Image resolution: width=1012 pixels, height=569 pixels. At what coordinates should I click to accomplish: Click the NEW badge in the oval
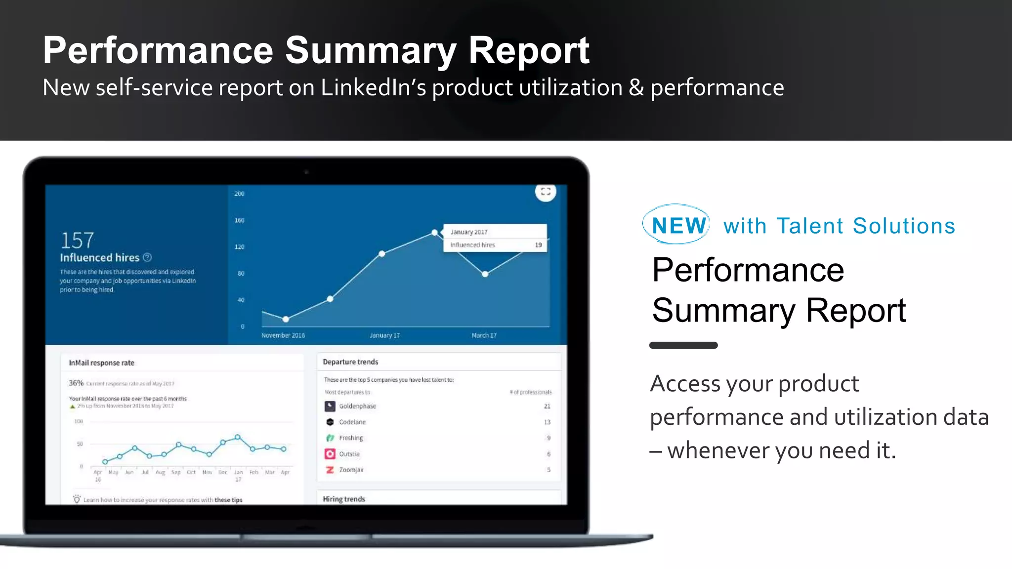coord(678,225)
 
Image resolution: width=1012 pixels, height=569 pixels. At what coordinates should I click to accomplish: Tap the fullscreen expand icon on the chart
coord(546,192)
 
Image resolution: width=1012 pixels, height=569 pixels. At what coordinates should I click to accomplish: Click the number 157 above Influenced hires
coord(77,241)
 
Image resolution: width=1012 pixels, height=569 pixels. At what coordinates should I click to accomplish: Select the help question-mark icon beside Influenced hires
coord(147,257)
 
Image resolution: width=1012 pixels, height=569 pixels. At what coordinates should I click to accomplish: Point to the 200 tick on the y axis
coord(239,194)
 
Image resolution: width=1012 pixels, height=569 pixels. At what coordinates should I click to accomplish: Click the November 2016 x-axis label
coord(283,335)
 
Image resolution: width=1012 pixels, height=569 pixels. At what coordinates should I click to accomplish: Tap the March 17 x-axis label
coord(484,335)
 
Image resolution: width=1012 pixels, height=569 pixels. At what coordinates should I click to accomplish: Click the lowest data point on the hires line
coord(286,319)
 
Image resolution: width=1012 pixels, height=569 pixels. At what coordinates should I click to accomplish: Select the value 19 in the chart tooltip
coord(538,245)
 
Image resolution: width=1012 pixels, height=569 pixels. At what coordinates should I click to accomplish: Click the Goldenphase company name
coord(357,406)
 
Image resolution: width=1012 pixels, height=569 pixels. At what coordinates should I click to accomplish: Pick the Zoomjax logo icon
coord(330,470)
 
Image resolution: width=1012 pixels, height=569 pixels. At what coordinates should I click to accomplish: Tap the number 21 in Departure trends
coord(547,406)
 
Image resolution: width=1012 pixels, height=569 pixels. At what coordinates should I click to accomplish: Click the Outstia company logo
coord(330,454)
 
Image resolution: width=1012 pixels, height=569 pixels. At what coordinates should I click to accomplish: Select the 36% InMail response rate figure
coord(76,383)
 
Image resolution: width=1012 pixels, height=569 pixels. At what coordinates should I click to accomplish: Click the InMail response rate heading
coord(101,363)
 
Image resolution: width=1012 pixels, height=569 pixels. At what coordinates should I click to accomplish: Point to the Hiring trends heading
coord(344,499)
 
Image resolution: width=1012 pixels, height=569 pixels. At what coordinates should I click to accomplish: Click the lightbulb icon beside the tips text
coord(77,499)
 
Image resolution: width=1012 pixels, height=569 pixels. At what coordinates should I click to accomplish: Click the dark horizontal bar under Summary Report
coord(683,345)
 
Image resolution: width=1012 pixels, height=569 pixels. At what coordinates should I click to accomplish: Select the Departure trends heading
coord(350,362)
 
